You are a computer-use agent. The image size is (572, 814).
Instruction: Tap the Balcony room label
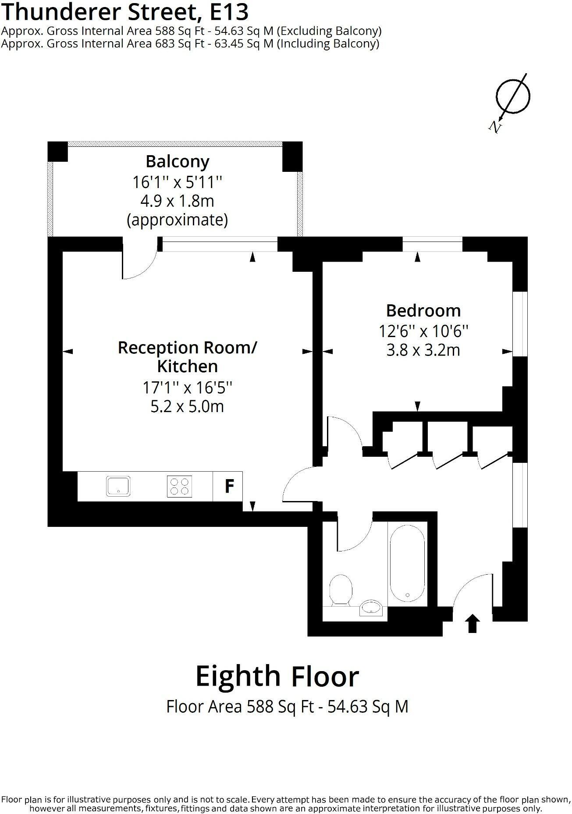(x=178, y=161)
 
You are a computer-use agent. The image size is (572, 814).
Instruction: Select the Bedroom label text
(x=423, y=310)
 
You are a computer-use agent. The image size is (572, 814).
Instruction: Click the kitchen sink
(x=118, y=486)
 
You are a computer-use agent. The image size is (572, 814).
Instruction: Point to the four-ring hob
(x=179, y=486)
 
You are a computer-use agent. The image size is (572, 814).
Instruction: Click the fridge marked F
(x=227, y=486)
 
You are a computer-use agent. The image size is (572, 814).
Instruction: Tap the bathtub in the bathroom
(x=407, y=563)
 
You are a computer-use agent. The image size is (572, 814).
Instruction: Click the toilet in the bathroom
(x=341, y=590)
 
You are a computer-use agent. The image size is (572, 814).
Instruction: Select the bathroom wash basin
(x=372, y=608)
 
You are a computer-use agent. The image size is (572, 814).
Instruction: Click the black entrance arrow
(x=472, y=623)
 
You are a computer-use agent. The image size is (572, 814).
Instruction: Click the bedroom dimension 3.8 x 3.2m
(x=423, y=350)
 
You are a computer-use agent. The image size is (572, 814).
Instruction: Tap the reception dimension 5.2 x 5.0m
(x=188, y=406)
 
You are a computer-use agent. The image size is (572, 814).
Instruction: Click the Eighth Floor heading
(x=277, y=676)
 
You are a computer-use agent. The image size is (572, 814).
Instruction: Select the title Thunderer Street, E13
(x=125, y=12)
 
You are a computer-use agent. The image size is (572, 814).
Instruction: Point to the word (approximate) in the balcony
(x=178, y=220)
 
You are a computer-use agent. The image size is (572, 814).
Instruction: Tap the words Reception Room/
(x=188, y=348)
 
